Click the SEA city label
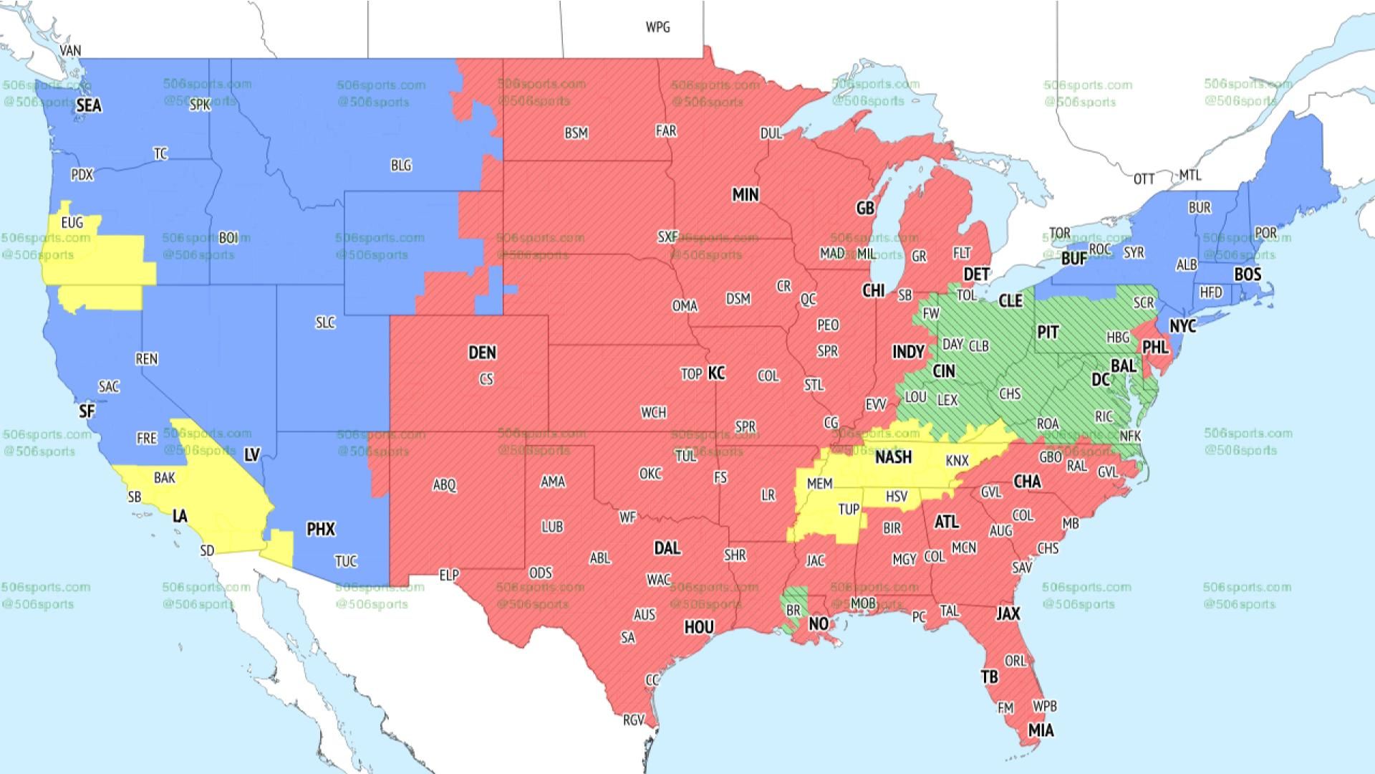click(89, 106)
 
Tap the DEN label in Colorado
click(482, 353)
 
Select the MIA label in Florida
click(1041, 731)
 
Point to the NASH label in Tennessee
click(893, 457)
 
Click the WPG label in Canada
click(657, 27)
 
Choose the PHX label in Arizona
click(320, 530)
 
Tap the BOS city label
click(1248, 274)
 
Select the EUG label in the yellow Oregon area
click(72, 223)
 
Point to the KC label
click(716, 373)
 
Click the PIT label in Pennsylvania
click(1048, 333)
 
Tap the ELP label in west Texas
click(449, 575)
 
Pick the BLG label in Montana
click(401, 166)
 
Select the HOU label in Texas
click(698, 628)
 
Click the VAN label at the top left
click(70, 51)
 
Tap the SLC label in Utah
click(325, 323)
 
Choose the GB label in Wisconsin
click(865, 209)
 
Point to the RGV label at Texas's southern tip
click(633, 720)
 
